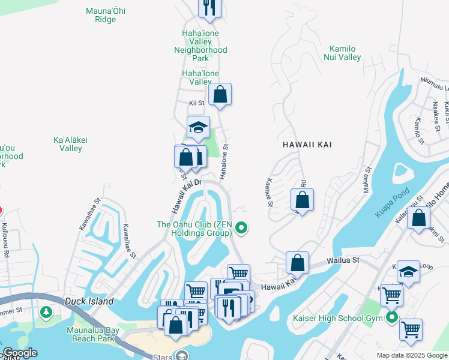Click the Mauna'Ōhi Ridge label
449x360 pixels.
pyautogui.click(x=105, y=15)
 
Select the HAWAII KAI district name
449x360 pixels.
pyautogui.click(x=307, y=145)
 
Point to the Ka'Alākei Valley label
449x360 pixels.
pyautogui.click(x=71, y=144)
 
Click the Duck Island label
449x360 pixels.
pyautogui.click(x=90, y=301)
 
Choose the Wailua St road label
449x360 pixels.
pyautogui.click(x=342, y=260)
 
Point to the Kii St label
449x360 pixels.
pyautogui.click(x=196, y=103)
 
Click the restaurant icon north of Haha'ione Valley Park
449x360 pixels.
pyautogui.click(x=209, y=7)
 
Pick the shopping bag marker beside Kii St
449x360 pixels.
pyautogui.click(x=220, y=94)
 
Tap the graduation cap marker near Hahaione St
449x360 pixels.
pyautogui.click(x=198, y=127)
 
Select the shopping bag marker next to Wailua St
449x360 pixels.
pyautogui.click(x=297, y=262)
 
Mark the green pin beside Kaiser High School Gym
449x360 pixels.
pyautogui.click(x=392, y=317)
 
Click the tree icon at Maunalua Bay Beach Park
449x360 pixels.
pyautogui.click(x=46, y=313)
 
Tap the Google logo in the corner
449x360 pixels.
pyautogui.click(x=20, y=353)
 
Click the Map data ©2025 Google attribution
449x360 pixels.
pyautogui.click(x=411, y=355)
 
